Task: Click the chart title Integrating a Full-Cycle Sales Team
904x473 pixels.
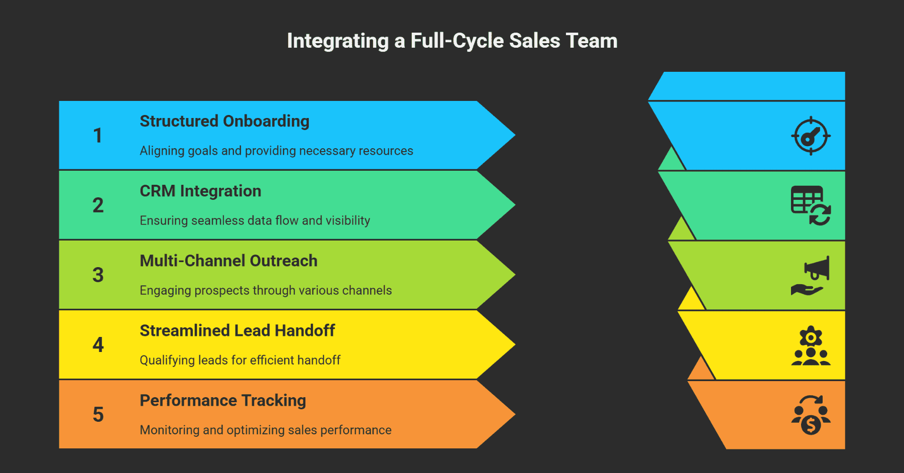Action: [452, 41]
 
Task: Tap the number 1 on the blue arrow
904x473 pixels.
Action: [98, 136]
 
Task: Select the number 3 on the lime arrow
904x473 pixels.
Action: [98, 275]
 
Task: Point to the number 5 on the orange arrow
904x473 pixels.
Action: [98, 415]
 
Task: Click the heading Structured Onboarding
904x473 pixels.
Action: [224, 122]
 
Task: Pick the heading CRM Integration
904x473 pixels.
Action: [200, 191]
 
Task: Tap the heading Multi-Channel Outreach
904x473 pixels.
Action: [229, 261]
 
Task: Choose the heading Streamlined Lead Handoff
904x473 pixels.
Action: [237, 331]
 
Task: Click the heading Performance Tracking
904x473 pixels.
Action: [223, 401]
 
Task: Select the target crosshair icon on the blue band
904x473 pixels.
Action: [811, 136]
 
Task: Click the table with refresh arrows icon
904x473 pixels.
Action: [811, 205]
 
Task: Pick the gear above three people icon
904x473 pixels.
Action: [811, 346]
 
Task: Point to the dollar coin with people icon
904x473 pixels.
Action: [811, 415]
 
